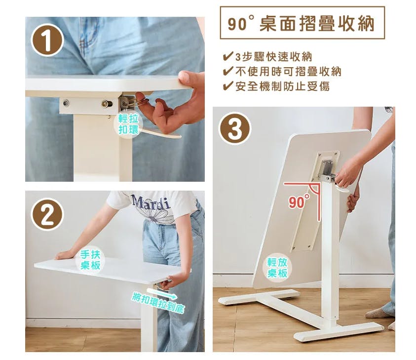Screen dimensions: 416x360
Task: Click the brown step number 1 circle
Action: tap(47, 40)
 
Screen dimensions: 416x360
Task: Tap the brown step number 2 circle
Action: tap(47, 214)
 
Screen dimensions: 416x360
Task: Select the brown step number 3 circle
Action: tap(234, 129)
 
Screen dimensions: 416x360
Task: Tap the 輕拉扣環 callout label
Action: tap(128, 124)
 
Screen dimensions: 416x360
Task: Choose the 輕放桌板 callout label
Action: tap(277, 268)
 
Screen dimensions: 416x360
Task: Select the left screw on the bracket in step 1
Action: tap(65, 102)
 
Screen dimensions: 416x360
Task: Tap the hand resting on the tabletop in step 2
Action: tap(64, 255)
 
